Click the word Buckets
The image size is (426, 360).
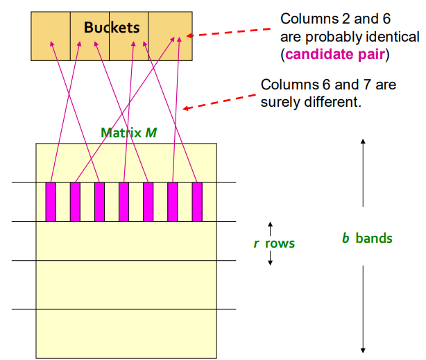click(x=112, y=28)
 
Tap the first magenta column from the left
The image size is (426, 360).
click(x=50, y=202)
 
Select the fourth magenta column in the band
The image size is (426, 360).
click(x=123, y=202)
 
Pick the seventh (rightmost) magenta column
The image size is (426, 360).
click(x=197, y=202)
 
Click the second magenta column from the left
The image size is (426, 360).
click(x=75, y=202)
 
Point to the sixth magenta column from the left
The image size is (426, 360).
click(x=173, y=202)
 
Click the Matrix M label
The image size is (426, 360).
click(x=128, y=132)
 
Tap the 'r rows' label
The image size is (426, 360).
click(x=274, y=243)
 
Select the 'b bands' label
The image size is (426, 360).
click(x=367, y=239)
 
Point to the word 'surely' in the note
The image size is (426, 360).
click(x=282, y=101)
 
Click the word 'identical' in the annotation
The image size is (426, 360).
click(x=391, y=36)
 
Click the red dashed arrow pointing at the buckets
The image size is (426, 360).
click(x=232, y=31)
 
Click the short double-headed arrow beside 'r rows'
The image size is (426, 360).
click(x=271, y=243)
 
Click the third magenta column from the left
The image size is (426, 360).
click(x=99, y=202)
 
